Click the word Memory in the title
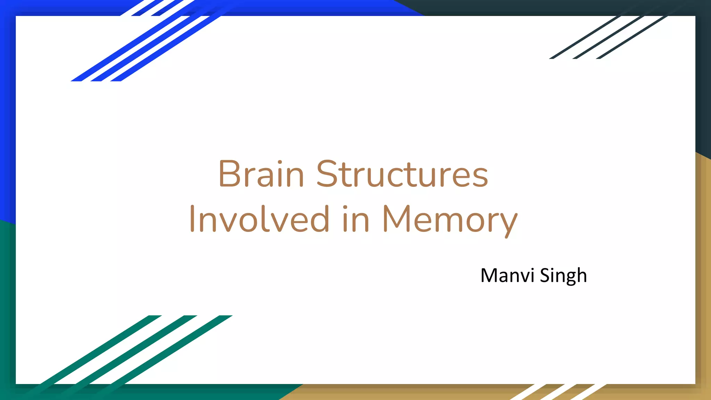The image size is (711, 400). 450,219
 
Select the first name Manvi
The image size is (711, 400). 507,276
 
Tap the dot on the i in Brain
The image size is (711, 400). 280,162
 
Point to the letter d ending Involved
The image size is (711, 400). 320,218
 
